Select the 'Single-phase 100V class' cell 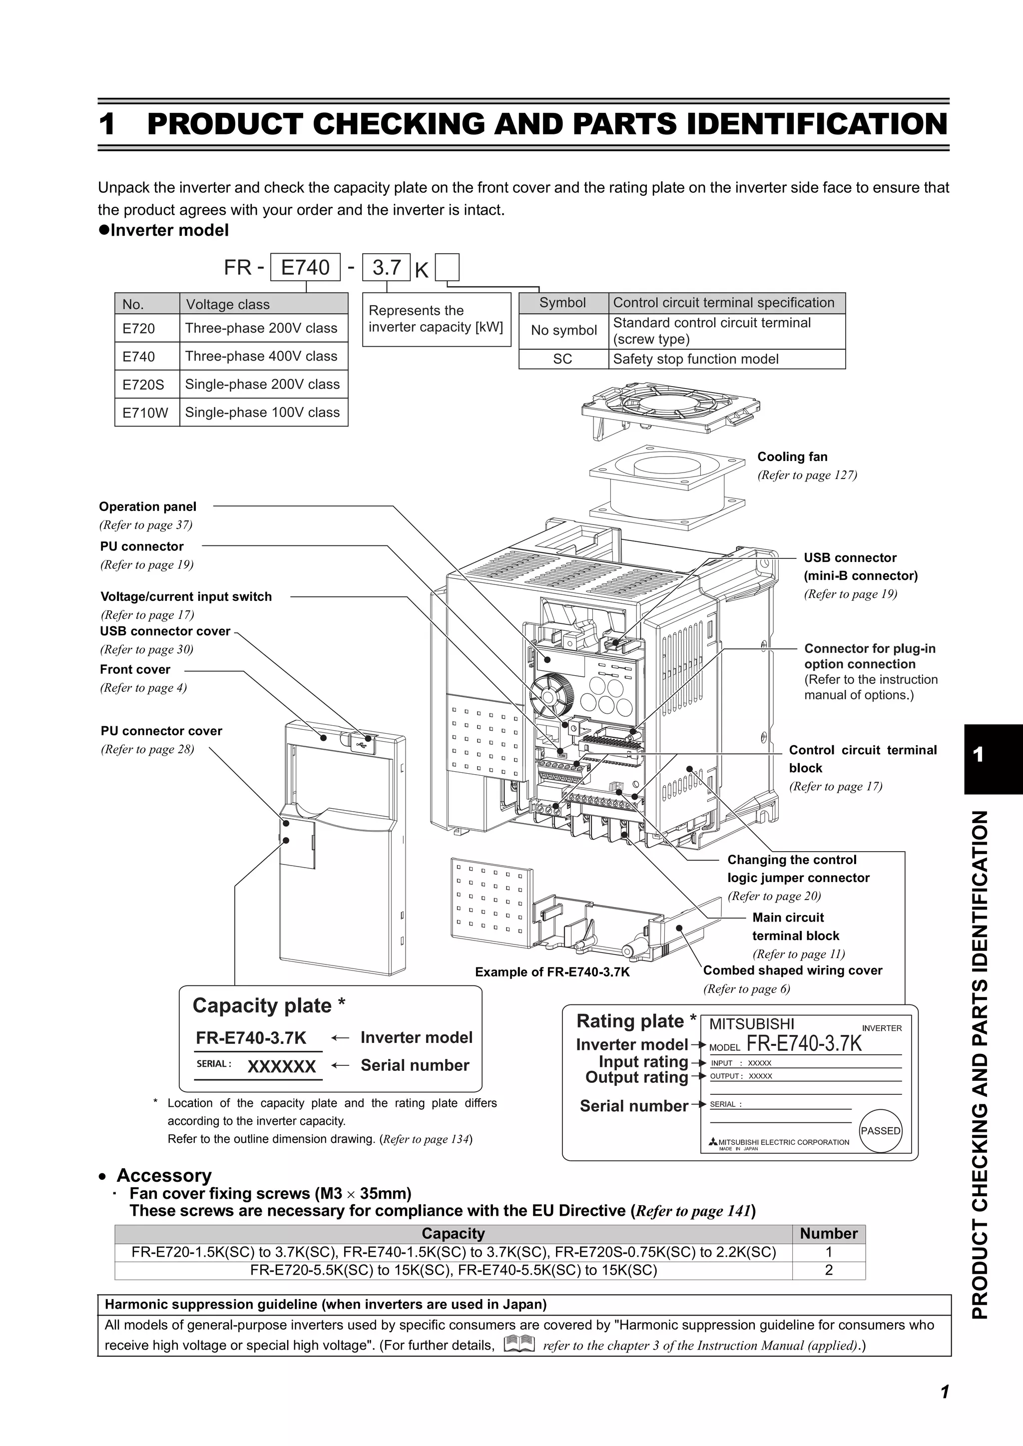click(263, 413)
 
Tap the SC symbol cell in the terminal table click(562, 359)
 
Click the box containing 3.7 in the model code click(386, 268)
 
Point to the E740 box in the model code click(305, 268)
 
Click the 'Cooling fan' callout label click(792, 457)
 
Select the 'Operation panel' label click(147, 506)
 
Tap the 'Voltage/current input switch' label click(186, 596)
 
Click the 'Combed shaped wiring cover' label click(792, 970)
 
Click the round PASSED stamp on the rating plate click(880, 1130)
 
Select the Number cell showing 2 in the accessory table click(828, 1270)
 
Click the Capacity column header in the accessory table click(453, 1233)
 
